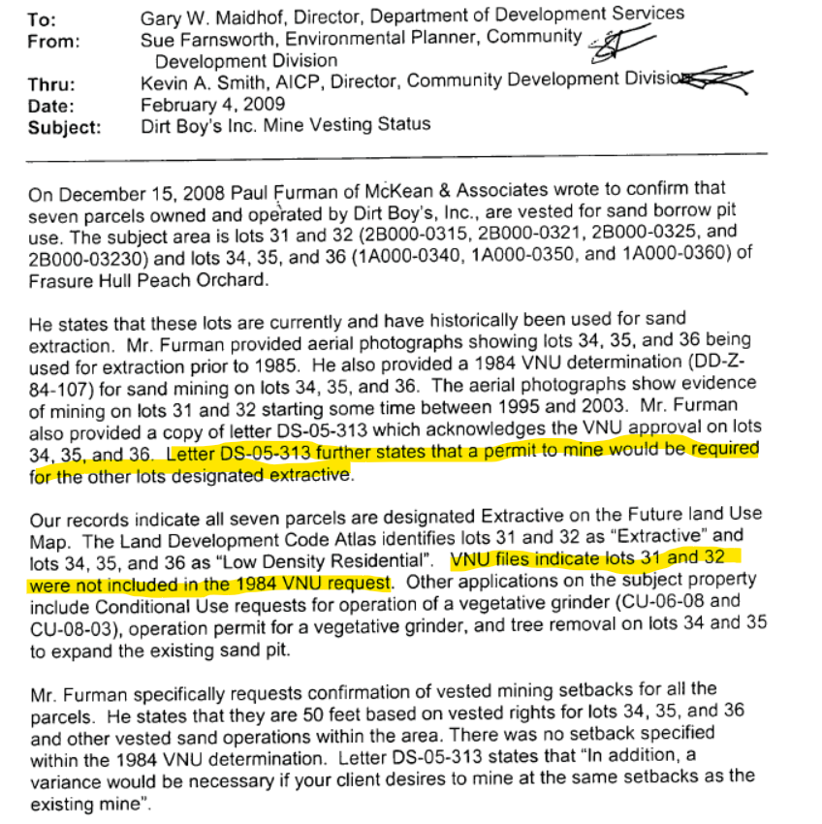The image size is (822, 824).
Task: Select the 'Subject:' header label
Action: (x=64, y=126)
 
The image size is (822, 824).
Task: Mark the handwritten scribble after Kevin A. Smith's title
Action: (x=717, y=79)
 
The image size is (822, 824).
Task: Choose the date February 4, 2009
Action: (x=212, y=104)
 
